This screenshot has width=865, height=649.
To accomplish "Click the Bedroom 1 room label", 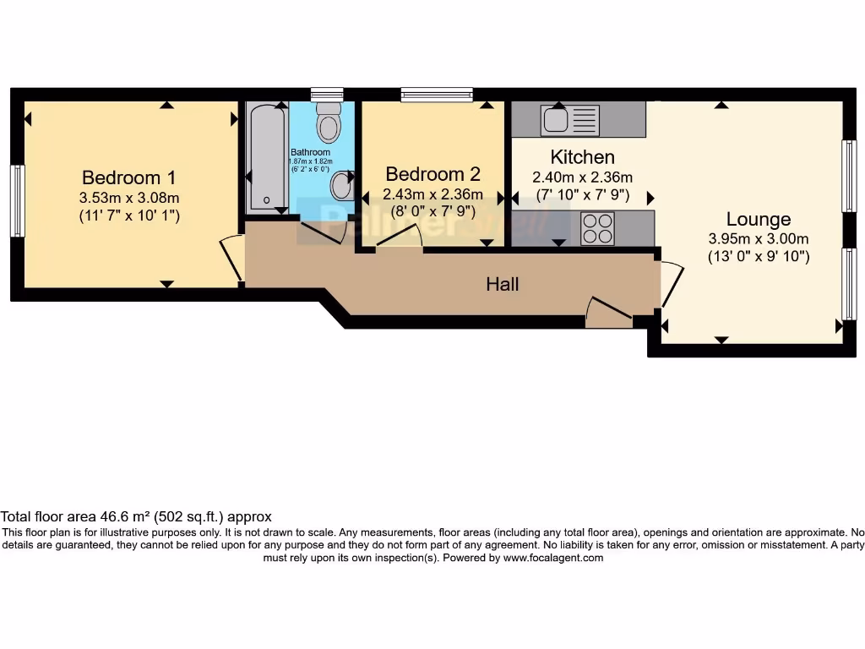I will (128, 177).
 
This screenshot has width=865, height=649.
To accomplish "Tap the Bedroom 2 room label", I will (432, 174).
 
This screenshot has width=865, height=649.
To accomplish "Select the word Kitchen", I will (582, 156).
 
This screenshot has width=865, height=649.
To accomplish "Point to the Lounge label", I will (758, 220).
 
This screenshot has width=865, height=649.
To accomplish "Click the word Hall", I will (502, 284).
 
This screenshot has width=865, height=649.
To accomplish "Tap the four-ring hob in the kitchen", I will (596, 228).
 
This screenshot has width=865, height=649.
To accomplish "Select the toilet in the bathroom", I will (328, 124).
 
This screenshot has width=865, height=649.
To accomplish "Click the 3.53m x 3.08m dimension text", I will (128, 198).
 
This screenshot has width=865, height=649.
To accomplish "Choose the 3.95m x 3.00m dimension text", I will (758, 238).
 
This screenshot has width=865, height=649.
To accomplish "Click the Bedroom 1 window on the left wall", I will (17, 200).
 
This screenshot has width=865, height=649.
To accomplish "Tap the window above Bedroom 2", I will (437, 95).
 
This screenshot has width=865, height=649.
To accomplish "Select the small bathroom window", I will (326, 94).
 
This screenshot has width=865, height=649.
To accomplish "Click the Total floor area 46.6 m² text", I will (135, 515).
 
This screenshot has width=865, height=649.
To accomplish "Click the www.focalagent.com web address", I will (553, 558).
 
